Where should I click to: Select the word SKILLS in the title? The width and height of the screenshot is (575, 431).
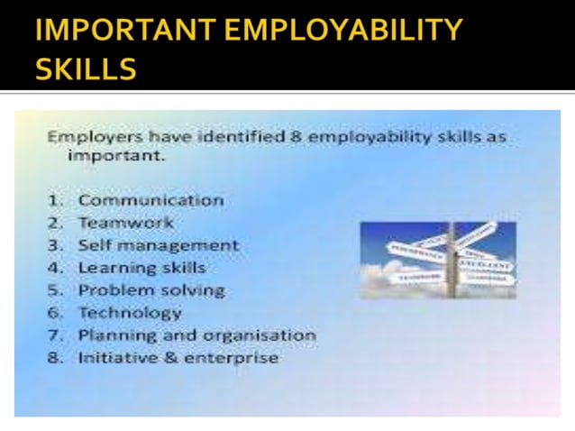pyautogui.click(x=87, y=70)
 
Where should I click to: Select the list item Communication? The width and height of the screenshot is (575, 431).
pyautogui.click(x=151, y=200)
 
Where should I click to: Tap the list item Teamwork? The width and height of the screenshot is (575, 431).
pyautogui.click(x=125, y=222)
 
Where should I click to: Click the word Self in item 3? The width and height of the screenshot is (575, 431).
pyautogui.click(x=93, y=245)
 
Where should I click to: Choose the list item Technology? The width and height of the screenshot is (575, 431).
pyautogui.click(x=130, y=313)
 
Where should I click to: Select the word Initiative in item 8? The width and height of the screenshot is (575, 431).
pyautogui.click(x=114, y=358)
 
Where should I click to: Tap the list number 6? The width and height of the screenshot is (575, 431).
pyautogui.click(x=55, y=313)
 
